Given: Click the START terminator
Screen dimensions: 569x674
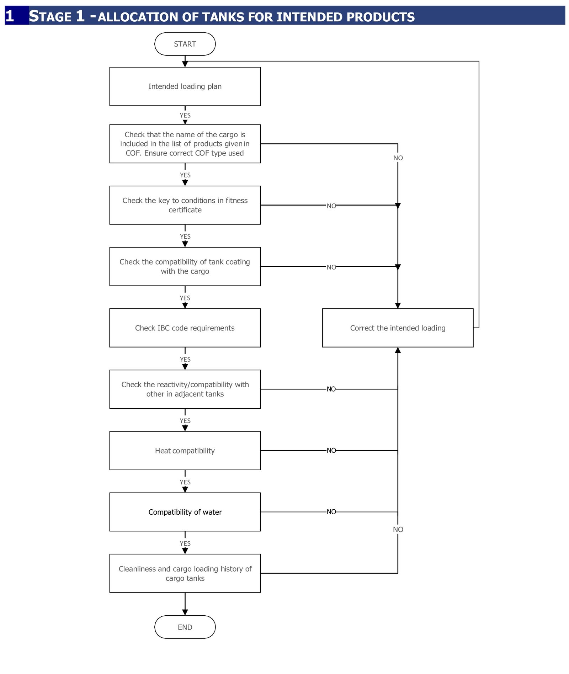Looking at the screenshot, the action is (x=185, y=44).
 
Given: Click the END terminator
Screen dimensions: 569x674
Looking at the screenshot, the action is (x=185, y=627).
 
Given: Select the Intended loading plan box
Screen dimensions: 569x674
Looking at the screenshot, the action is (x=185, y=86).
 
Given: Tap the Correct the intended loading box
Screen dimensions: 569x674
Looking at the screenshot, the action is (x=398, y=328).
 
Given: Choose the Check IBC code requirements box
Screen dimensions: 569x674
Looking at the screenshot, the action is (x=185, y=328).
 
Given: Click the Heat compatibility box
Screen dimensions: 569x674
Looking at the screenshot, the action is (x=185, y=451).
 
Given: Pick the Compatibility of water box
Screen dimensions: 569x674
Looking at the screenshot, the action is (x=185, y=512).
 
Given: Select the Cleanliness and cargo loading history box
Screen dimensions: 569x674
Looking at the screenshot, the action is (x=185, y=573).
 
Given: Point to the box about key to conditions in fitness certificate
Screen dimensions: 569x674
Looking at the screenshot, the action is (x=185, y=205).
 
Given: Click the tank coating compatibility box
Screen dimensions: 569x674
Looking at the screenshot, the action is (x=185, y=266).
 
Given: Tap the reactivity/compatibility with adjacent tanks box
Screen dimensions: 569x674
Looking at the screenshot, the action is (x=185, y=389).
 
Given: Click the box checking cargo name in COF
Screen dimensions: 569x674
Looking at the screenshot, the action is (x=185, y=144).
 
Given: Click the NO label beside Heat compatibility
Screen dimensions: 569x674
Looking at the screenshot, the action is (x=331, y=451).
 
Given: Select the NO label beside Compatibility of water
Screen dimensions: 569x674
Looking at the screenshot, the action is (x=331, y=512).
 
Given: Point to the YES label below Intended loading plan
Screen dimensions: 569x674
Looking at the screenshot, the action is (x=185, y=116).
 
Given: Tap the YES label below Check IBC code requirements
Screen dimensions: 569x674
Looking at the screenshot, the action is (x=185, y=360).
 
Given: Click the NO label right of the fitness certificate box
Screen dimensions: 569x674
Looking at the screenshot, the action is (x=331, y=206).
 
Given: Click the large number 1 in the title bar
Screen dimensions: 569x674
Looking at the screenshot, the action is (x=10, y=16).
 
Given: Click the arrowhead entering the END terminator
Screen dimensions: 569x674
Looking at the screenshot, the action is (x=185, y=612).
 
